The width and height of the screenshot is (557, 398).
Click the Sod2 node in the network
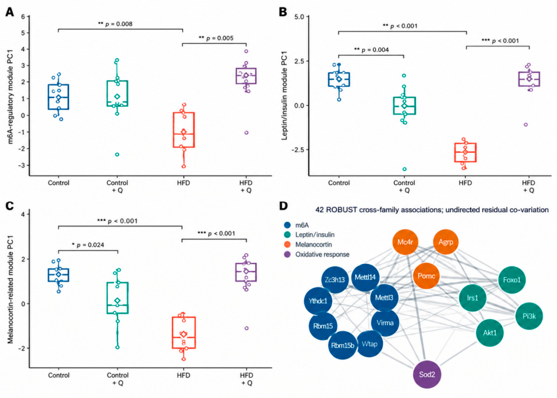coord(427,375)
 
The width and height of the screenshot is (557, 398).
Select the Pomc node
coord(426,276)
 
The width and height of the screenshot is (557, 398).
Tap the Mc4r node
coord(405,242)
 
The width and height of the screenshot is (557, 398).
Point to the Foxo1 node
coord(512,280)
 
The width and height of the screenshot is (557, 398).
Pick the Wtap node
coord(369,344)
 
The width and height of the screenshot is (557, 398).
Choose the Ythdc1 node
coord(318,301)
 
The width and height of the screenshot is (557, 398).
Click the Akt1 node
coord(490,332)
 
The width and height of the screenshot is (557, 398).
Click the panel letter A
coord(10,12)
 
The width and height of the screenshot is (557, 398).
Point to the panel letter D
coord(284,206)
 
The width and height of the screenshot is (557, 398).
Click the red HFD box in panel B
coord(465,153)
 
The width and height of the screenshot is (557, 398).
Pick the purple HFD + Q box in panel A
coord(246,76)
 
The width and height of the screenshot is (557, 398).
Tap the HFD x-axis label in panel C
coord(183,375)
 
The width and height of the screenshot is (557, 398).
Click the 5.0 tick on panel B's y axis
coord(300,17)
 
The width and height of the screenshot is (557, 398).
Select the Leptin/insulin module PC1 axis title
coord(284,96)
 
